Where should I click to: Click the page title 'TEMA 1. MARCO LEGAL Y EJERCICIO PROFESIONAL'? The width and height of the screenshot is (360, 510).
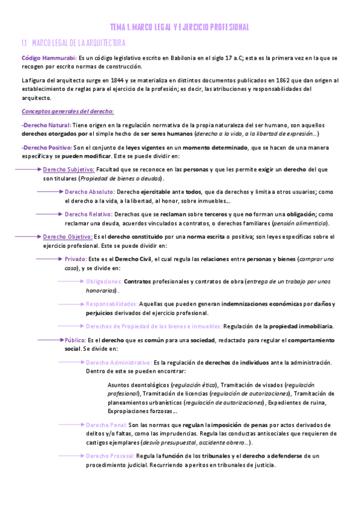coord(180,27)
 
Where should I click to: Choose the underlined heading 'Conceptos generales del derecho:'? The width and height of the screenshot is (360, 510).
coord(64,111)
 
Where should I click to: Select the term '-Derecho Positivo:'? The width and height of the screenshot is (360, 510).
coord(46,147)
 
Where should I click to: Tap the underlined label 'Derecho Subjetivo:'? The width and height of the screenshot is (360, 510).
coord(69,170)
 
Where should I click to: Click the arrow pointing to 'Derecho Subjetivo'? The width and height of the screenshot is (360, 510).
coord(28,170)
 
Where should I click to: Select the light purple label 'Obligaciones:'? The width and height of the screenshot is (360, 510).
coord(105,281)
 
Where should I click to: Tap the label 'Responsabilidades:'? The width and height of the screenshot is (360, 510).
coord(112,304)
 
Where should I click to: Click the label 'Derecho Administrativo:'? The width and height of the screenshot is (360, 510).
coord(118,363)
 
